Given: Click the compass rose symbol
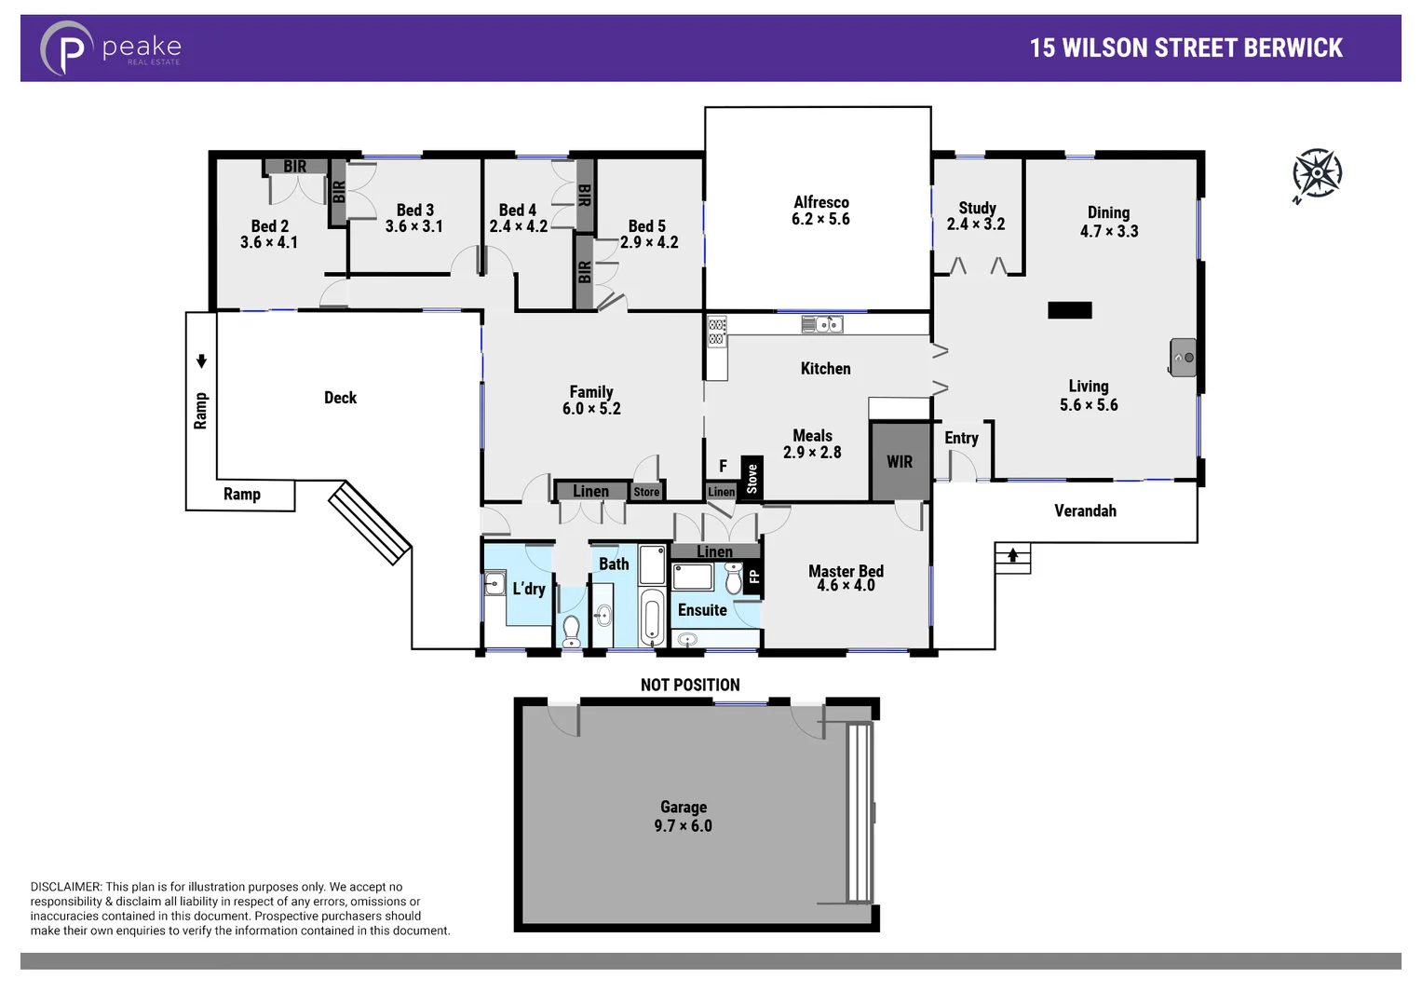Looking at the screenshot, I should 1317,173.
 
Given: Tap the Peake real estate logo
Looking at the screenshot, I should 111,48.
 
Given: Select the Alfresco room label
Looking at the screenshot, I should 820,202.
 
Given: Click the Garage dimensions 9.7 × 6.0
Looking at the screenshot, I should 683,826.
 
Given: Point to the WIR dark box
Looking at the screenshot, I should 900,462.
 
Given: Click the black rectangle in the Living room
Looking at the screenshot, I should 1069,310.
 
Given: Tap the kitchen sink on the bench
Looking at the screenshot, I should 822,324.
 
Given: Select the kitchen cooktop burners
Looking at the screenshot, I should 716,332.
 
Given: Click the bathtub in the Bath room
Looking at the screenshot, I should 652,616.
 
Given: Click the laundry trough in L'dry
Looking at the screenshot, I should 494,584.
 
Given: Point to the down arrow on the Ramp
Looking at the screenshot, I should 201,361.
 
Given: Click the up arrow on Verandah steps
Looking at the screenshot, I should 1012,556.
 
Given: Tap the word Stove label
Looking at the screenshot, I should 752,479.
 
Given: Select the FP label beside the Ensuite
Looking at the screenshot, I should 754,577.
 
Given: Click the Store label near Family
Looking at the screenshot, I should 646,492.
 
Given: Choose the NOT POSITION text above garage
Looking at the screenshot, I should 690,685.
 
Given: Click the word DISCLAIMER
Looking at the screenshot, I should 65,887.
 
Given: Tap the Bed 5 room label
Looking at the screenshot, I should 647,226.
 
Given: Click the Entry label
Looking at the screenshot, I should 961,438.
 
